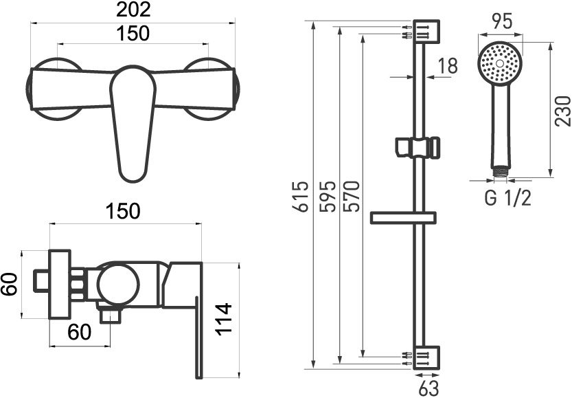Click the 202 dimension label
(x=133, y=10)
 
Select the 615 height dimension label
(x=301, y=197)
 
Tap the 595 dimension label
(x=328, y=197)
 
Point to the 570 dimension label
(x=352, y=197)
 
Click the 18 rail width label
(x=447, y=66)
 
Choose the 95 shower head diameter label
(x=502, y=21)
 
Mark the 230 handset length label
(x=562, y=111)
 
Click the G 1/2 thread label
(x=507, y=199)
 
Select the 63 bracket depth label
(x=428, y=388)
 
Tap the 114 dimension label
(x=224, y=319)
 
